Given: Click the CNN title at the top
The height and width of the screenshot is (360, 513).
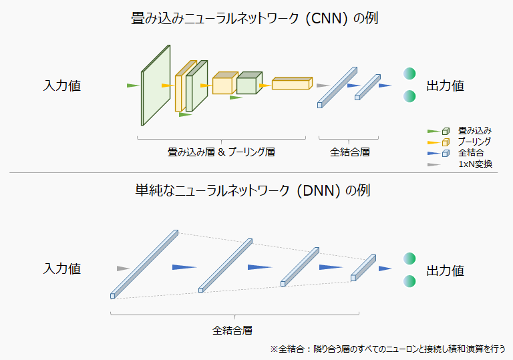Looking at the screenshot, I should [256, 18].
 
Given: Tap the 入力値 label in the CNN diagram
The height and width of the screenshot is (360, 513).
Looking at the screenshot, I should [62, 86].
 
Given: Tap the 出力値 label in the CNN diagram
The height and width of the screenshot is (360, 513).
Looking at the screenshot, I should [445, 86].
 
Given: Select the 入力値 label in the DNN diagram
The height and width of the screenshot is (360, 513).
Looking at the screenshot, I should [62, 269].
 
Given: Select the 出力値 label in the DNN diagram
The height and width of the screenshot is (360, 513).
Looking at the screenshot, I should [445, 271].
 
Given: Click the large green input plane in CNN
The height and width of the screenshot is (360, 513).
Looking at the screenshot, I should [155, 85].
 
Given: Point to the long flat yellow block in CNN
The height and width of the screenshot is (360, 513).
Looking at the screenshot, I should [291, 84].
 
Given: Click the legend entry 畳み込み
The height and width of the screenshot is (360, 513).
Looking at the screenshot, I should [475, 130].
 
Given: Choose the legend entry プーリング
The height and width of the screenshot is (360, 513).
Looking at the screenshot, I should [474, 142].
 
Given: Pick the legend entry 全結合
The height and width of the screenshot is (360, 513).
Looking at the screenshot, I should [471, 153].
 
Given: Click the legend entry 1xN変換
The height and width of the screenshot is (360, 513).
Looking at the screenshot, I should [475, 164].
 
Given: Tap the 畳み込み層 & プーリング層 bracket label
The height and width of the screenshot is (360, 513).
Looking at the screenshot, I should [221, 152].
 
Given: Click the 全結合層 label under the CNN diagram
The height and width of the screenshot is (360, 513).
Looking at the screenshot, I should [350, 152].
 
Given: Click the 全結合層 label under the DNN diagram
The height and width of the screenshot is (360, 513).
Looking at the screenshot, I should [233, 331].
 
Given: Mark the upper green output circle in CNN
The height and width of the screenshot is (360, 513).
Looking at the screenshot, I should [409, 73].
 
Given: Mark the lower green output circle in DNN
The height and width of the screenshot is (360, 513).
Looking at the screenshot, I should [409, 281].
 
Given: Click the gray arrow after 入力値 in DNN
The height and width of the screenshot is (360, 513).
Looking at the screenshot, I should [122, 268].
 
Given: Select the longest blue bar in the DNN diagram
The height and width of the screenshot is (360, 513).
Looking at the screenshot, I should [144, 264].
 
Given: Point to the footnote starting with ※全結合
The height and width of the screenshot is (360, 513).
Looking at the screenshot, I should [387, 349].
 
